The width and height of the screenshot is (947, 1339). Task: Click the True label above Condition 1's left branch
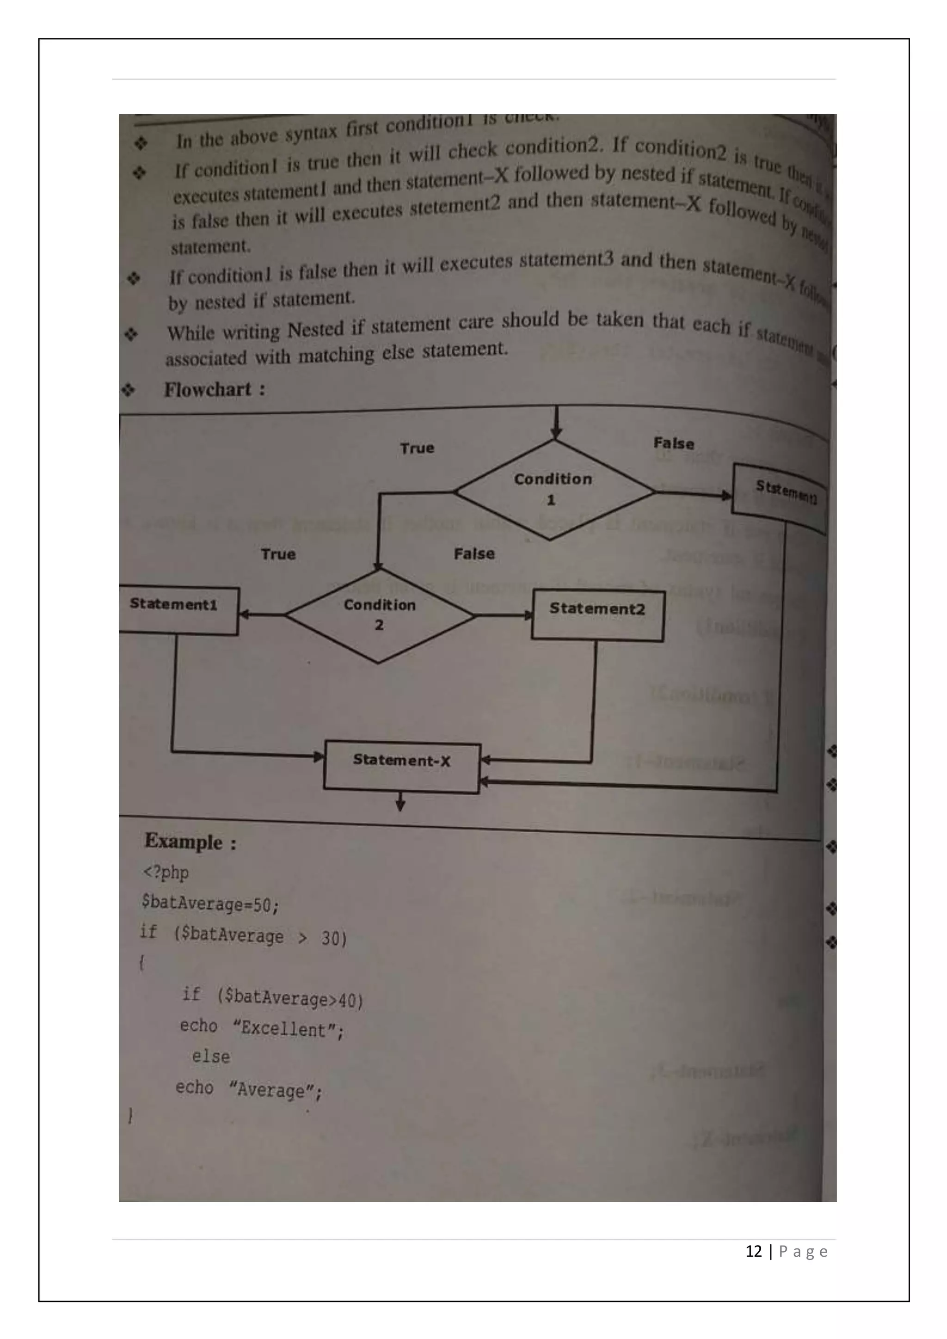click(417, 448)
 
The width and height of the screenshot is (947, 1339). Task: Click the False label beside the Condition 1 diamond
click(674, 443)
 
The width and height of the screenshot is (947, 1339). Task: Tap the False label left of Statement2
click(474, 553)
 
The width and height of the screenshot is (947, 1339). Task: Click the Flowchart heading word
click(207, 389)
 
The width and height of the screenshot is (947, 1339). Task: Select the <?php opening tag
click(166, 872)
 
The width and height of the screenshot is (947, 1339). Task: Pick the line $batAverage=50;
click(210, 904)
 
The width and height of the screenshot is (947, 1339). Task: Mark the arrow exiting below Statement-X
click(400, 803)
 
